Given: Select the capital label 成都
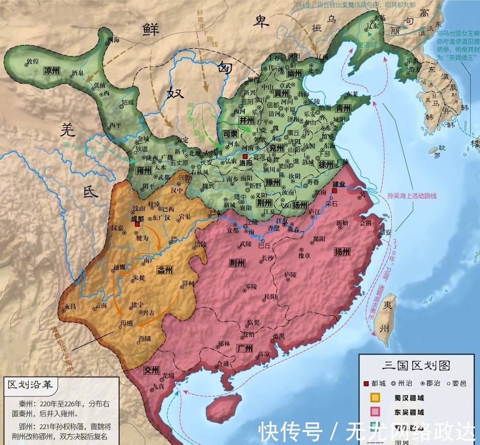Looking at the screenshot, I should coord(137,218).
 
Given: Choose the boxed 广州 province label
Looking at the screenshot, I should coord(245,349).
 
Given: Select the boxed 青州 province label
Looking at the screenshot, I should coord(342,109).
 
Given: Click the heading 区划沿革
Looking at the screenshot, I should coord(29,384).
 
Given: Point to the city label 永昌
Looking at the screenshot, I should coord(70,306).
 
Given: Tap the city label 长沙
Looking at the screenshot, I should coord(267,258).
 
